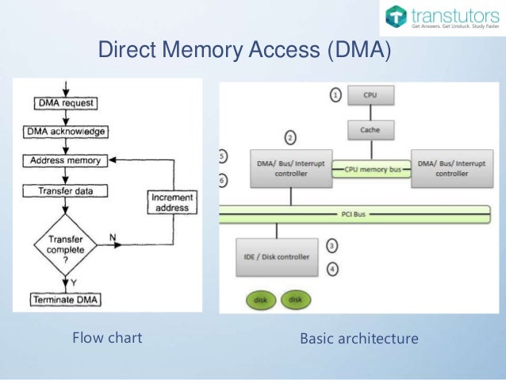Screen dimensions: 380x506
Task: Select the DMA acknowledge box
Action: point(67,131)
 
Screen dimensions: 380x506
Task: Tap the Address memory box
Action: point(67,160)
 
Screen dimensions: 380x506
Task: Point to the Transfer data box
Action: point(67,190)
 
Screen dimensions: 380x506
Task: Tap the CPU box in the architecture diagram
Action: point(370,96)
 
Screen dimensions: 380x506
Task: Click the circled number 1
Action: point(335,95)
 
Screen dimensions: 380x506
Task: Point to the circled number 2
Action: point(290,137)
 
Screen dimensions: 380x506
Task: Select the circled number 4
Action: point(333,269)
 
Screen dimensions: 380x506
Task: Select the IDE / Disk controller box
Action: point(277,256)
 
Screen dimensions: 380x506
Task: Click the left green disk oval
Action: point(259,300)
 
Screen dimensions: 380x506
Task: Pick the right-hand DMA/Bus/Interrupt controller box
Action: point(447,167)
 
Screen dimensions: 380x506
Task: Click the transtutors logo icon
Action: point(396,17)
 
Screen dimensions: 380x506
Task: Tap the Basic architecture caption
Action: point(358,339)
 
